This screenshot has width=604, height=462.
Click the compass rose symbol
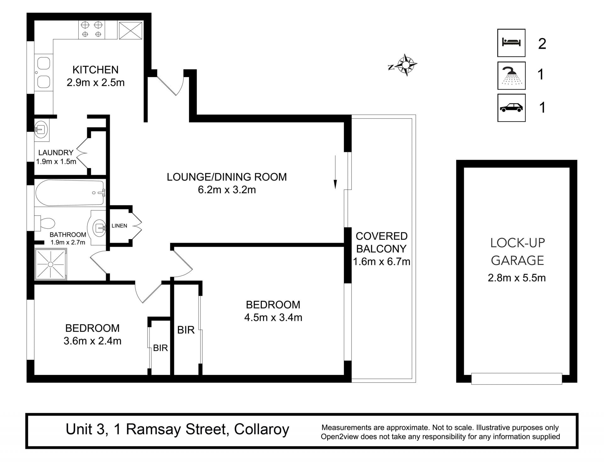point(406,65)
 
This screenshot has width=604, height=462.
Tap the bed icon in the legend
point(512,42)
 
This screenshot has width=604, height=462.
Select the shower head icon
point(512,76)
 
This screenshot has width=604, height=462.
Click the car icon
point(511,108)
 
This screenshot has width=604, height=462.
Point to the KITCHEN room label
point(95,69)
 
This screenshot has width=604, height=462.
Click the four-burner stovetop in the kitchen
point(92,30)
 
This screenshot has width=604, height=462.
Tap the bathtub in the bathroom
point(70,193)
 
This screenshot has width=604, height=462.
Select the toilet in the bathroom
point(45,223)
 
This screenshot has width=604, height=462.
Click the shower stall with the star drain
point(51,264)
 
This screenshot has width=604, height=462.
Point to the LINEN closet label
point(119,226)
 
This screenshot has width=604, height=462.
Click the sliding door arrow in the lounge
point(335,172)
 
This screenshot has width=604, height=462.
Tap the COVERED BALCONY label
point(382,242)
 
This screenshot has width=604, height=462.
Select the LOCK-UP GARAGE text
point(517,251)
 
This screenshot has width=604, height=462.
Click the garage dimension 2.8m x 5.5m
point(517,278)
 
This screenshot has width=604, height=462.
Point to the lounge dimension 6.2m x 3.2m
point(227,190)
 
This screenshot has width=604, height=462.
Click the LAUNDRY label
point(56,152)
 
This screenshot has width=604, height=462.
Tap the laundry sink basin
point(40,129)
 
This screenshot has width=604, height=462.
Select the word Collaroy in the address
point(262,429)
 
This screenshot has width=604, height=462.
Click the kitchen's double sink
point(43,73)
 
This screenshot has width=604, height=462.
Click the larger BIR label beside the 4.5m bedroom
point(186,330)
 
